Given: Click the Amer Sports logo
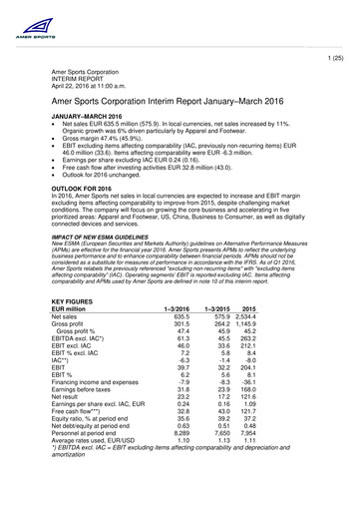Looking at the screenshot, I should coord(26,17).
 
